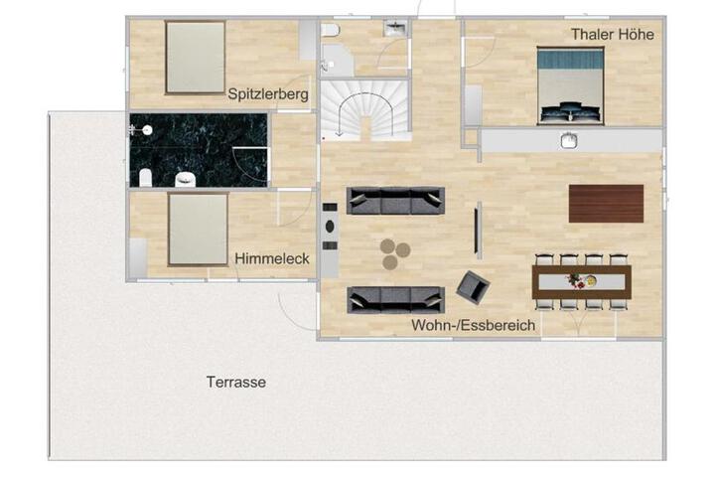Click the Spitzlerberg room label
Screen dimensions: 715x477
tap(268, 94)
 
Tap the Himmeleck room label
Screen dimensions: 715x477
tap(272, 258)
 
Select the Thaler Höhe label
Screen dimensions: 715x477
tap(613, 34)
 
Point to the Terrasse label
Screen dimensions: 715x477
tap(236, 382)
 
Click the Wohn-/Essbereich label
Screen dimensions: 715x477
tap(474, 326)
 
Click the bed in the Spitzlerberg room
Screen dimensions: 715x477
tap(196, 57)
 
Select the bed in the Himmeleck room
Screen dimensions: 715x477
tap(198, 230)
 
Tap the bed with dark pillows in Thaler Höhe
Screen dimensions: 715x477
tap(570, 85)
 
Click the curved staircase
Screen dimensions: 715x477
tap(364, 110)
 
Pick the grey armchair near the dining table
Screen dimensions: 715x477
tap(474, 287)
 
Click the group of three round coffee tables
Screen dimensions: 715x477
tap(395, 253)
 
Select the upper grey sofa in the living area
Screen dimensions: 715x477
tap(395, 201)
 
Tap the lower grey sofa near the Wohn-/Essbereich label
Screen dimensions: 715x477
tap(395, 300)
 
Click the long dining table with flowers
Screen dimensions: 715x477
tap(581, 282)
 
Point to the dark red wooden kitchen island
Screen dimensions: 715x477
tap(606, 204)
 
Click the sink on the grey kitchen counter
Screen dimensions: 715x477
tap(569, 140)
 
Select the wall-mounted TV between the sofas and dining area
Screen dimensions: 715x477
tap(477, 231)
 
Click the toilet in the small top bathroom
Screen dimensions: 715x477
tap(330, 30)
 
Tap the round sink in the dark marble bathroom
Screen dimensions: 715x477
tap(146, 130)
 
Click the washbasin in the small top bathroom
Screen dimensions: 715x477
tap(395, 28)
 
